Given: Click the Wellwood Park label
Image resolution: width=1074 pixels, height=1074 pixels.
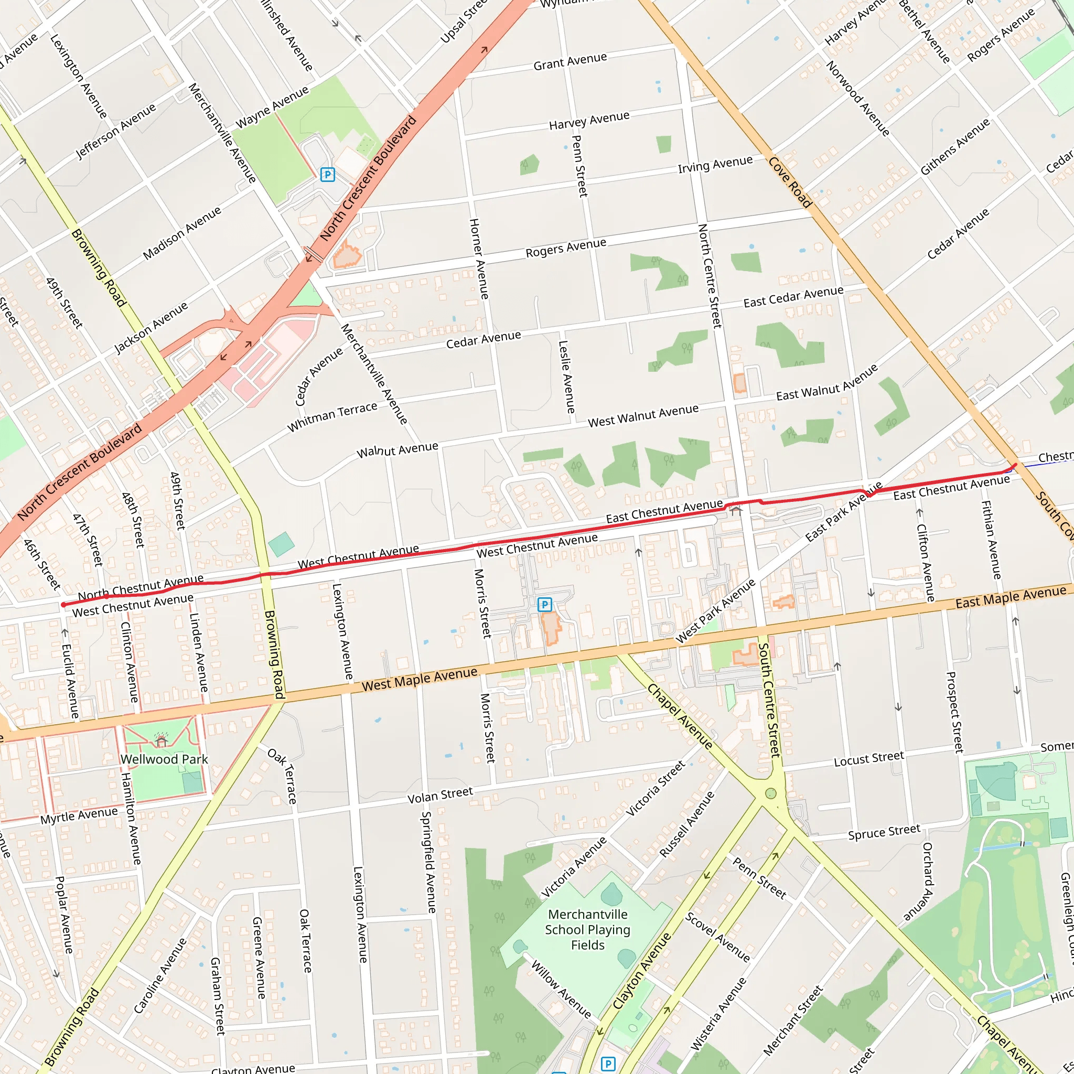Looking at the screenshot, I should (x=164, y=759).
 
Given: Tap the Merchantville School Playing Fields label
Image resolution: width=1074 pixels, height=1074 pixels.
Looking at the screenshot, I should (x=587, y=929).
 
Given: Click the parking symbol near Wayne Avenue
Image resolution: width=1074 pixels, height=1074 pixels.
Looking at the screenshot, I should (x=327, y=175).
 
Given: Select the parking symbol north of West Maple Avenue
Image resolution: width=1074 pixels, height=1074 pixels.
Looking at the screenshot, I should (x=545, y=604).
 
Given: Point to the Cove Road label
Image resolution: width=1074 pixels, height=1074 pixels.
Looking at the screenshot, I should (x=790, y=182).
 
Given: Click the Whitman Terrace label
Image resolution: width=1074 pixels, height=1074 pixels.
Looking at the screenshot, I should (x=332, y=416).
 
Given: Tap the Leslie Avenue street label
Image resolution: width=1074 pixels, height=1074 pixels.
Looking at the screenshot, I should (x=566, y=377).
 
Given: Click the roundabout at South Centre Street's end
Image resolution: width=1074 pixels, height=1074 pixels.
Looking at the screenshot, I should (x=770, y=793).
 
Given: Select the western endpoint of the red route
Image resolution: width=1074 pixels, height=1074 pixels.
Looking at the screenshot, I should (x=63, y=605).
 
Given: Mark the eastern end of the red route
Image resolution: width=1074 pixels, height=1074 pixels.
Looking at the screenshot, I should (x=1016, y=465).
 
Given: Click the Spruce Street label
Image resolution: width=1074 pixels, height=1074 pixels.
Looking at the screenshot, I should (x=884, y=832).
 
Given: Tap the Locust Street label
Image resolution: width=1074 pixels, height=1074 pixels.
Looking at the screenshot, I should (x=868, y=759).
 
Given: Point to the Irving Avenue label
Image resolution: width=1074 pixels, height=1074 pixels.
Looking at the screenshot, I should (x=715, y=164).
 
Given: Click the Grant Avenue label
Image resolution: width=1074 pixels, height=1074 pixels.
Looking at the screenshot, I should (x=570, y=61).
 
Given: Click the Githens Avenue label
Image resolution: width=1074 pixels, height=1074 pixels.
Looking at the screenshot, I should (x=954, y=147).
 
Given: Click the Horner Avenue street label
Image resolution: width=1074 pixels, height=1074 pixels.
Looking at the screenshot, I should (x=479, y=259).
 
